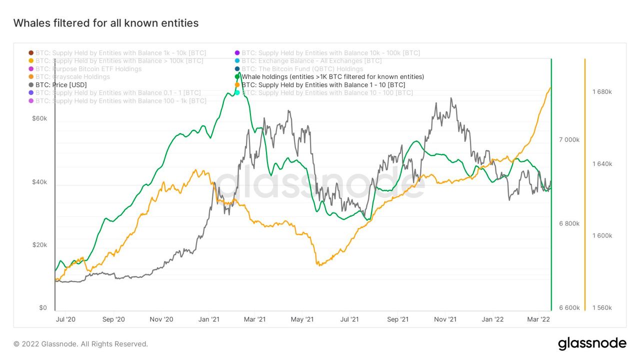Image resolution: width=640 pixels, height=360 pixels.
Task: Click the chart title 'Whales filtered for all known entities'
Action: pyautogui.click(x=105, y=23)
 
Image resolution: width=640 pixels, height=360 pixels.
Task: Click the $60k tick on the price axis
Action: pyautogui.click(x=39, y=118)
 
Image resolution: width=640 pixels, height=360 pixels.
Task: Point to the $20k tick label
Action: pyautogui.click(x=39, y=245)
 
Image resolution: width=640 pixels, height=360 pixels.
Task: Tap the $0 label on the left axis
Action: pyautogui.click(x=43, y=307)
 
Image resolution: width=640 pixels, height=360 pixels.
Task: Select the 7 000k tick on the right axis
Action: pyautogui.click(x=569, y=139)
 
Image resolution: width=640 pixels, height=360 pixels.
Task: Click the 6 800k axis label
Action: pyautogui.click(x=569, y=223)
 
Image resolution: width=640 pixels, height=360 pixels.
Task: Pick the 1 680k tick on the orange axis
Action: pyautogui.click(x=602, y=92)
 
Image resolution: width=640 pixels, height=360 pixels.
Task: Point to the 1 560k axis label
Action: pyautogui.click(x=602, y=307)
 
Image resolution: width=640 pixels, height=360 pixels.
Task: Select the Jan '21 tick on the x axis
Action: pyautogui.click(x=208, y=319)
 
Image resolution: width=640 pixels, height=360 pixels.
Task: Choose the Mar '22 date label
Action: pyautogui.click(x=539, y=319)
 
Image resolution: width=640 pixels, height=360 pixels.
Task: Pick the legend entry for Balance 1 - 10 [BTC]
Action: pyautogui.click(x=323, y=85)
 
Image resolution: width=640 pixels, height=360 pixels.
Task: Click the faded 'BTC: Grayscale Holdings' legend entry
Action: pyautogui.click(x=72, y=77)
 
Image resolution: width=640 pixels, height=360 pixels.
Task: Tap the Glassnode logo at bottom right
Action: pyautogui.click(x=592, y=343)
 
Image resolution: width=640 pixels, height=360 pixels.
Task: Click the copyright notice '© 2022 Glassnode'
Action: pyautogui.click(x=80, y=344)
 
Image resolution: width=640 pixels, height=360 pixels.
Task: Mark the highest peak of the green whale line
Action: pyautogui.click(x=239, y=73)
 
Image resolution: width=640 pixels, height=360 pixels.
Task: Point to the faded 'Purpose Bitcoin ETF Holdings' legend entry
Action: pyautogui.click(x=88, y=69)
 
